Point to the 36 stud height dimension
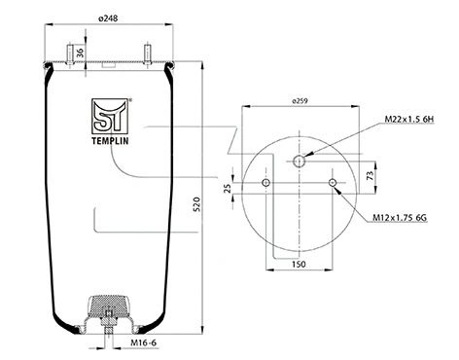click(x=81, y=52)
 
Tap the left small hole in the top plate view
click(x=265, y=183)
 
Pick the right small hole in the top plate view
click(x=333, y=183)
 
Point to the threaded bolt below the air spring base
click(x=108, y=336)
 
